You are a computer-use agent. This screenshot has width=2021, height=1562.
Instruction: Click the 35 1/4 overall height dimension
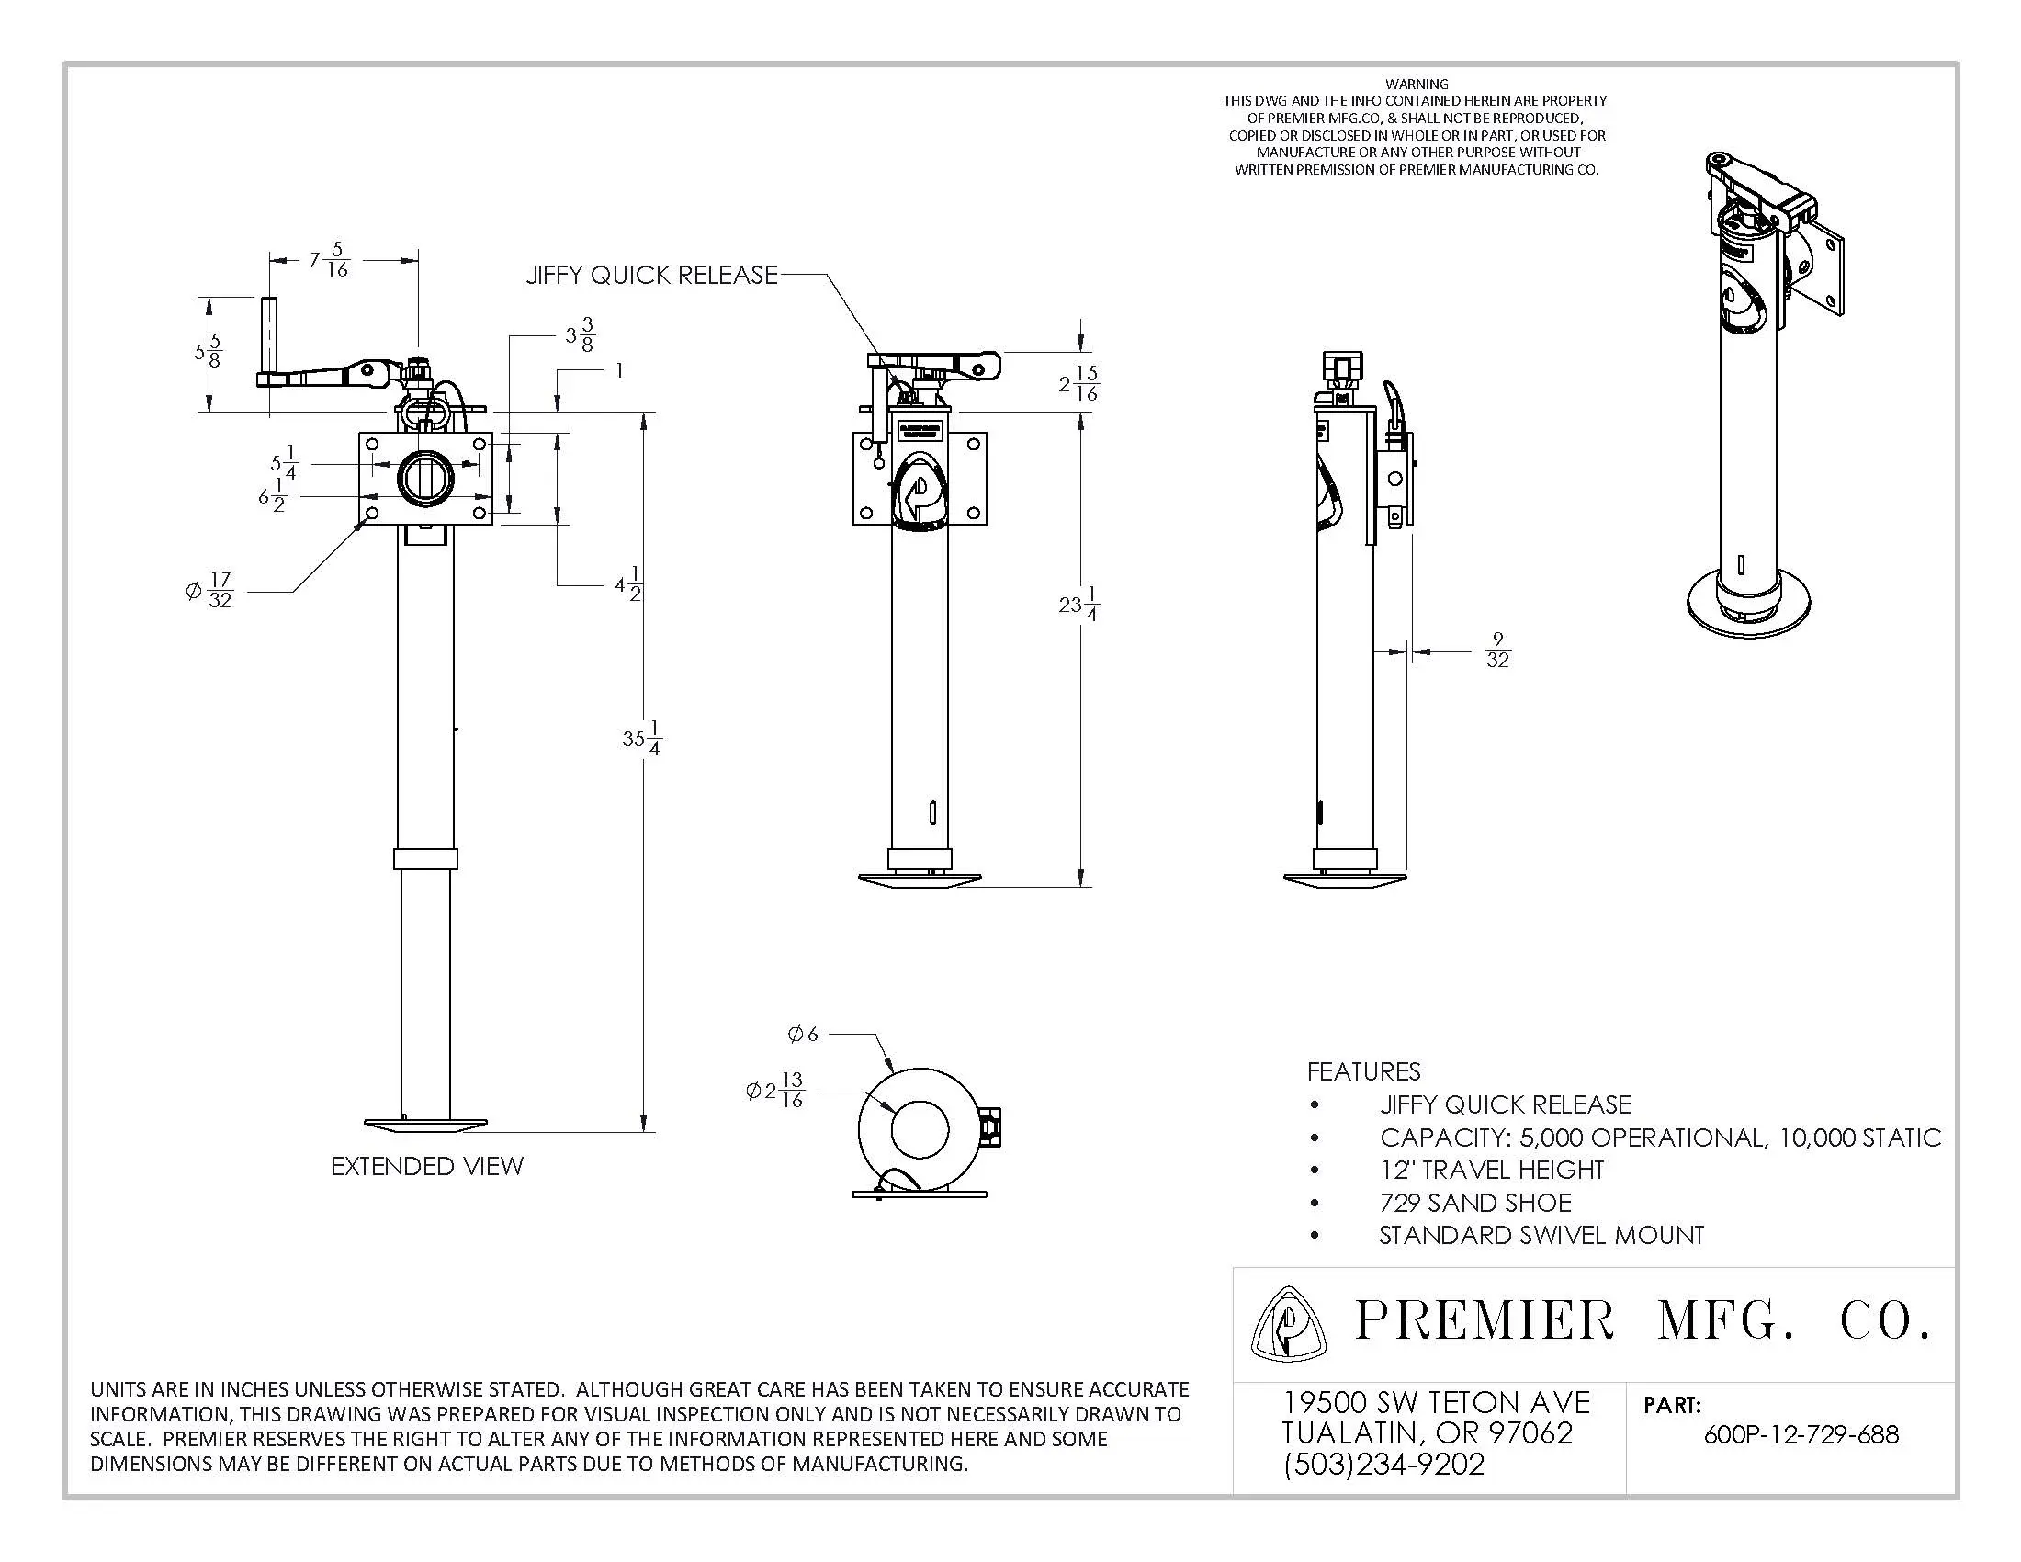(x=642, y=738)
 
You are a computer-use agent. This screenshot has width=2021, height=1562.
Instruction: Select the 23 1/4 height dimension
(x=1079, y=604)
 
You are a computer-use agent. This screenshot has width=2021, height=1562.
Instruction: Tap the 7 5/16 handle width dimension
(x=330, y=260)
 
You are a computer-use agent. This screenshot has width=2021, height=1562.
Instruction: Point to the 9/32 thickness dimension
(x=1497, y=651)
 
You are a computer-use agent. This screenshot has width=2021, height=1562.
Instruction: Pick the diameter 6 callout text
(x=802, y=1034)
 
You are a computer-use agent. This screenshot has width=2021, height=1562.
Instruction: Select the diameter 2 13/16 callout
(x=775, y=1090)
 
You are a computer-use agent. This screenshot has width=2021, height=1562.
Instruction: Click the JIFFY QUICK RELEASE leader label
(x=651, y=275)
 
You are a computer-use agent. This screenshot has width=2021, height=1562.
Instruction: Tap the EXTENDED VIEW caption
(x=427, y=1166)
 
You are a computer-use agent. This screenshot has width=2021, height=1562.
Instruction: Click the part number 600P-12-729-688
(x=1801, y=1434)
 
